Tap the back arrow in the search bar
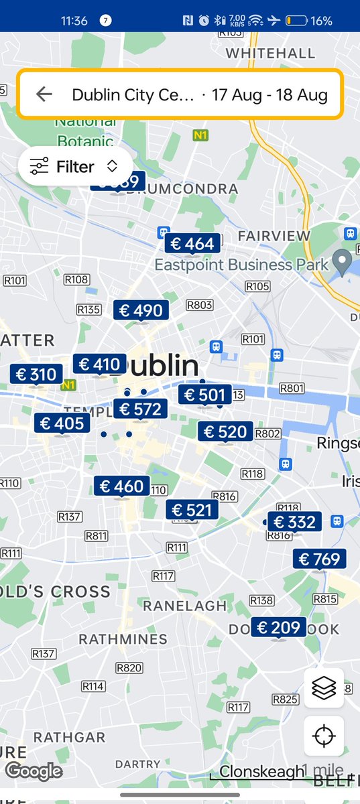(x=44, y=94)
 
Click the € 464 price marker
(x=192, y=244)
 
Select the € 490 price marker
(x=141, y=310)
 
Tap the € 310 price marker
(x=36, y=375)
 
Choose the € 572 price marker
(x=140, y=409)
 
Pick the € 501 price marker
(x=204, y=395)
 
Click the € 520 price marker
(x=225, y=432)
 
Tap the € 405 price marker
(x=62, y=423)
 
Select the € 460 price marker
(x=121, y=486)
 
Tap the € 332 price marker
(x=294, y=522)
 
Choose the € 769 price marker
(x=320, y=559)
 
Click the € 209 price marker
(x=278, y=628)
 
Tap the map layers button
(x=324, y=688)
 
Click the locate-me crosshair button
(x=324, y=736)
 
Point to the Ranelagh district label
(x=184, y=606)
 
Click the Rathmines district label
(x=123, y=639)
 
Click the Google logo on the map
(x=34, y=771)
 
